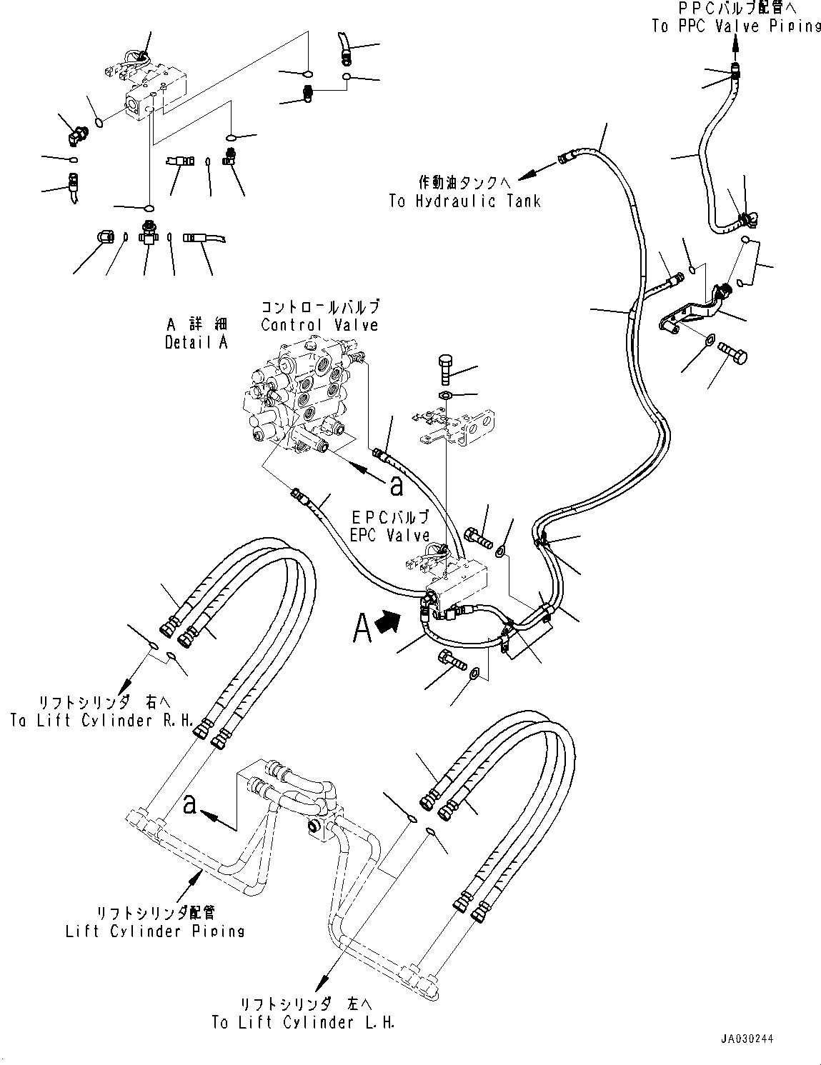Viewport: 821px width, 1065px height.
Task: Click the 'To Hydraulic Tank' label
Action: pyautogui.click(x=464, y=201)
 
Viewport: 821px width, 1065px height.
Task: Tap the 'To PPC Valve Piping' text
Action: pyautogui.click(x=736, y=26)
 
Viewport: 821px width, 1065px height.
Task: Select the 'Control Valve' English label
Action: pyautogui.click(x=319, y=325)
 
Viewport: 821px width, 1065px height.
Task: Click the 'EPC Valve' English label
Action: pyautogui.click(x=389, y=534)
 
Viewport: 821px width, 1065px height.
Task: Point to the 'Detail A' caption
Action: pyautogui.click(x=196, y=342)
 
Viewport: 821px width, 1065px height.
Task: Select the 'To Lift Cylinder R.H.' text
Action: pyautogui.click(x=101, y=720)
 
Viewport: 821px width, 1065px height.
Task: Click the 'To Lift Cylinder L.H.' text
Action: pyautogui.click(x=303, y=1022)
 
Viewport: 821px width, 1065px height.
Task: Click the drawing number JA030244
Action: pyautogui.click(x=747, y=1039)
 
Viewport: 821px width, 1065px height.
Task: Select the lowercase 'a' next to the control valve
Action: pyautogui.click(x=397, y=486)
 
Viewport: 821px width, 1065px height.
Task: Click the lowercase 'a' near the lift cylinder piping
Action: pyautogui.click(x=190, y=804)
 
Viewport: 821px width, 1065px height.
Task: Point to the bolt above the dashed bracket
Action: pyautogui.click(x=443, y=367)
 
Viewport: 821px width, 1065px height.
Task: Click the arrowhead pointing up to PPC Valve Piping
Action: pyautogui.click(x=735, y=45)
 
